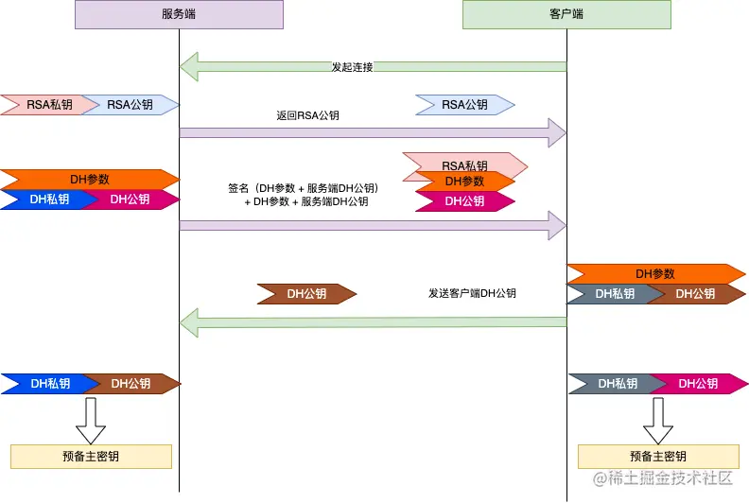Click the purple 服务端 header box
point(179,14)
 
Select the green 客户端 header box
point(566,14)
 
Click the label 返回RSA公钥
point(307,115)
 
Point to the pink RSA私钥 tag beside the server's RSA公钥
point(40,105)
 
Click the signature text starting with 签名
point(306,195)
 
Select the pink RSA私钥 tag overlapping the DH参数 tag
point(463,165)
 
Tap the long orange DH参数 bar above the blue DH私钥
point(90,179)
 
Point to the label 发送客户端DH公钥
point(472,294)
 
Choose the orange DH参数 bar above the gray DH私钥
point(656,274)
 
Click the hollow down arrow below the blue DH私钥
point(91,419)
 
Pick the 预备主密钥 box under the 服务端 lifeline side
point(91,457)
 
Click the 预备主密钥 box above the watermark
point(657,457)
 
